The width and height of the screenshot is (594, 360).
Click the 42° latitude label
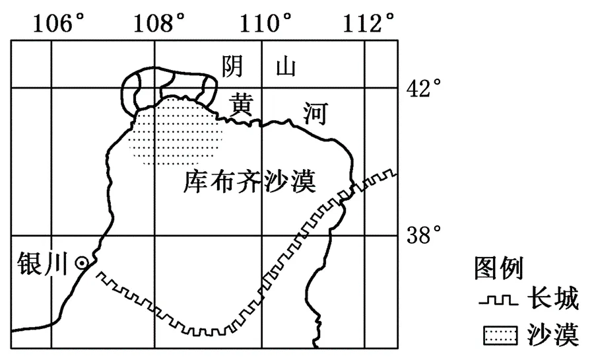424,89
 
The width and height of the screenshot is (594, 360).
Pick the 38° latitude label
424,235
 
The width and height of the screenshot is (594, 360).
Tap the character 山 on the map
285,67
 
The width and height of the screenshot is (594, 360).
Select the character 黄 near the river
240,104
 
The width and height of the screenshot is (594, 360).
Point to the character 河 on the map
315,114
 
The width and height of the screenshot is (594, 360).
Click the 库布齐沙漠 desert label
249,182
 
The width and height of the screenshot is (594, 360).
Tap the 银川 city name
42,263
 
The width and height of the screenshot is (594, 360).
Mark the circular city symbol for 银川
82,263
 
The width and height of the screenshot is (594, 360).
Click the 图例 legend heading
498,268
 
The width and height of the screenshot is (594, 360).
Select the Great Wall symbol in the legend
498,301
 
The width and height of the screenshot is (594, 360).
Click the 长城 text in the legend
553,298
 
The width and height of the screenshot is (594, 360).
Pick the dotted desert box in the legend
500,336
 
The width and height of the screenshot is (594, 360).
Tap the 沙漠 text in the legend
553,335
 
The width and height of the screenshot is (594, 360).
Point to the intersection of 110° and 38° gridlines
262,235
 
